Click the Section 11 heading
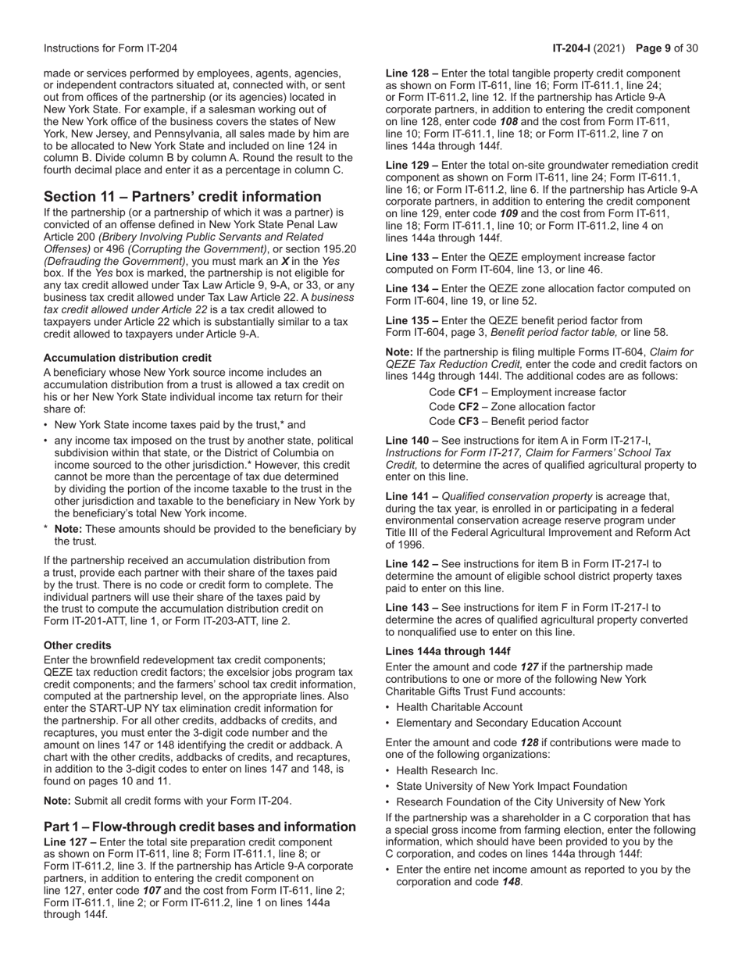(182, 197)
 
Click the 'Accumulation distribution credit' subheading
(127, 358)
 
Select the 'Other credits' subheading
(77, 645)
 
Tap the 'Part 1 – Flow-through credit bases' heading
(200, 827)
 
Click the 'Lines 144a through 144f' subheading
(448, 652)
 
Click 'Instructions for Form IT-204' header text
(110, 48)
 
